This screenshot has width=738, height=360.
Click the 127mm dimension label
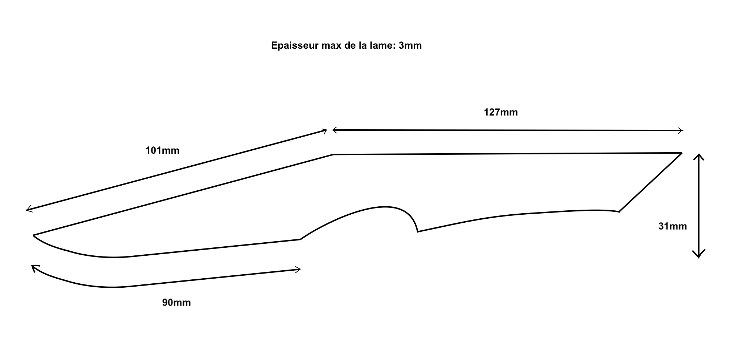[x=501, y=112]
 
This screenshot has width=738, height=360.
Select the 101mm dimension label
[x=162, y=150]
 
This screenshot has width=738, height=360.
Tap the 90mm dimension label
[x=177, y=303]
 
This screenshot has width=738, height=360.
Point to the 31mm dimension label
[x=673, y=226]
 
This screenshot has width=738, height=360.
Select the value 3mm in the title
[x=410, y=46]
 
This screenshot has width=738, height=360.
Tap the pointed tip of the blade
[x=34, y=235]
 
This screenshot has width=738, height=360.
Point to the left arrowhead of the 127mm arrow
[x=334, y=130]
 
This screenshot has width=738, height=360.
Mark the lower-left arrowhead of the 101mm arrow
[x=29, y=209]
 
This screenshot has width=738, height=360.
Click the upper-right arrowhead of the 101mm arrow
[x=325, y=131]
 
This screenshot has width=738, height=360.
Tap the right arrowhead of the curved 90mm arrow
[x=298, y=269]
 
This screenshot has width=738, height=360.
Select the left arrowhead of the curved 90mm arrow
[x=34, y=267]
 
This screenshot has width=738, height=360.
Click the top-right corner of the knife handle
[x=681, y=153]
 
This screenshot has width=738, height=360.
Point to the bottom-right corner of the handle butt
[x=619, y=211]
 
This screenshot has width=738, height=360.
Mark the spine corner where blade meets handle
[x=333, y=155]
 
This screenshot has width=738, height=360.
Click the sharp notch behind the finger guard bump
[x=418, y=231]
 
